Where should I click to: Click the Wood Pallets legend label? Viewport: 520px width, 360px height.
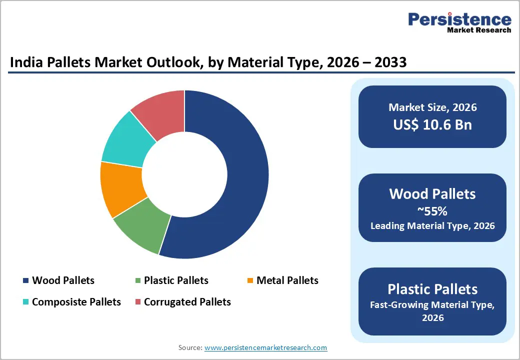coord(63,280)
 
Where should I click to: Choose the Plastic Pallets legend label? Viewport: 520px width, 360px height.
coord(176,280)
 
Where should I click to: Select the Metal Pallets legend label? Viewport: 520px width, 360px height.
coord(287,280)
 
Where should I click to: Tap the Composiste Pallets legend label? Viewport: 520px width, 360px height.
coord(76,302)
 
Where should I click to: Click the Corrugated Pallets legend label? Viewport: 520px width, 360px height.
coord(187,302)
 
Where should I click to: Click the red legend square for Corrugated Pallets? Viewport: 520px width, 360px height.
coord(138,302)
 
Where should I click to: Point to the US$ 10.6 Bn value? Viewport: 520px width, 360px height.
coord(432,124)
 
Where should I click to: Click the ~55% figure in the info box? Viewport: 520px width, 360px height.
coord(432,211)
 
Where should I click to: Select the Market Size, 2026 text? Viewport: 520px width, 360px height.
coord(432,107)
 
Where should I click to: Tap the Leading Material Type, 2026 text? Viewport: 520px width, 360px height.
coord(432,226)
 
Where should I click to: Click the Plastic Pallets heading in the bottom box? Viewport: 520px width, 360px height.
coord(432,289)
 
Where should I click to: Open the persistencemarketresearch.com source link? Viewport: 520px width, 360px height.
coord(265,347)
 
